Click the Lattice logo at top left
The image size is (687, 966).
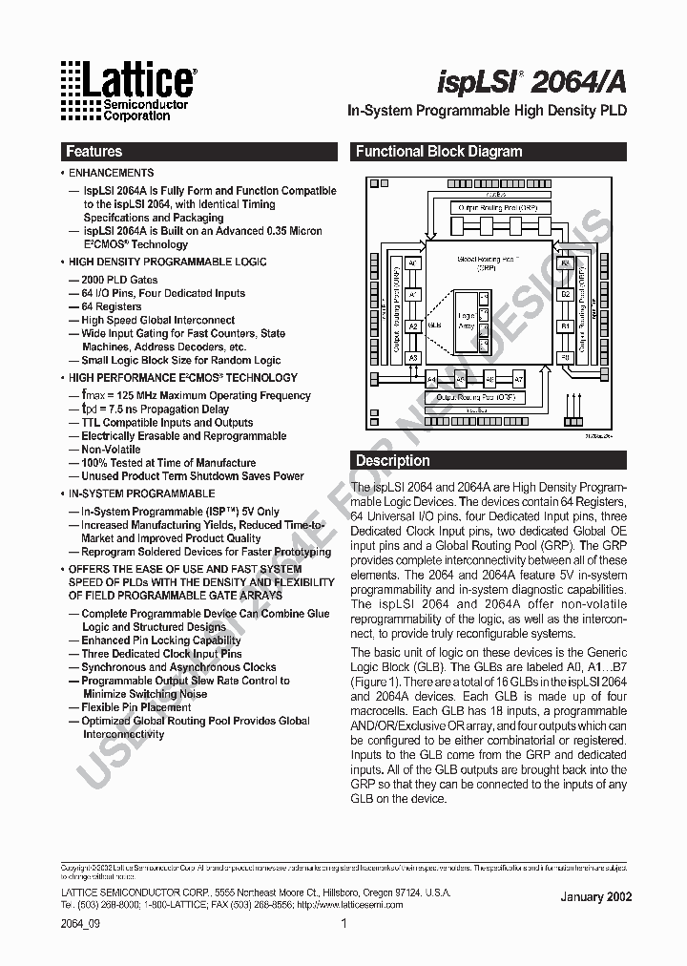pos(128,91)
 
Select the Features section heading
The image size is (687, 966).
pos(94,151)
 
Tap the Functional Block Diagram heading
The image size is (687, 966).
pos(439,151)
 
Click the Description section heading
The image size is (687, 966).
pos(393,460)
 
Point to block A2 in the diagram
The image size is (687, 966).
pos(413,326)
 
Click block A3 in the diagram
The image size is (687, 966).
pos(413,358)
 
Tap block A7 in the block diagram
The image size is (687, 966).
pos(518,378)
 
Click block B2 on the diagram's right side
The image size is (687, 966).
pos(564,295)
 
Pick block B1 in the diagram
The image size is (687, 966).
pos(564,326)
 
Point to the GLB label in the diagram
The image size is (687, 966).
pos(435,325)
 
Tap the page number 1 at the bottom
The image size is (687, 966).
pos(343,923)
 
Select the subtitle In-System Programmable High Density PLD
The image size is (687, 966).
pos(486,111)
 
